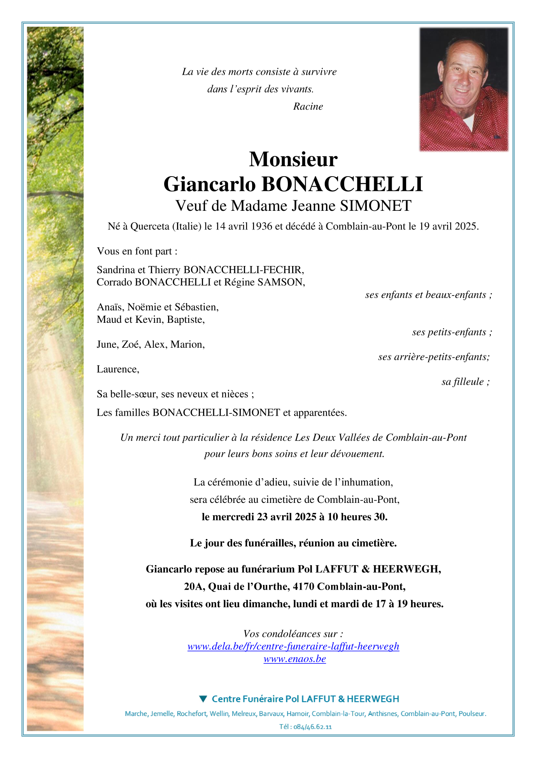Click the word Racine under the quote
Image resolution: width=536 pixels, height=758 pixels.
click(308, 107)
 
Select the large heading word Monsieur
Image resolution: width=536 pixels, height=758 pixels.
click(293, 159)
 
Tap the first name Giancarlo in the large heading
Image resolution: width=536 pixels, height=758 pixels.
click(210, 184)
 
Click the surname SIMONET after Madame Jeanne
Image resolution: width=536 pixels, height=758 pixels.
click(376, 206)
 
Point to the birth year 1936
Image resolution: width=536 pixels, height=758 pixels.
click(262, 226)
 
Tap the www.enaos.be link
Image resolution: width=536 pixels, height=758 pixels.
click(295, 659)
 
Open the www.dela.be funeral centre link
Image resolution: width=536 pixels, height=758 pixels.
click(293, 646)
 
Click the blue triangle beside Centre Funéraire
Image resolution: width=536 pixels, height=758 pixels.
click(203, 699)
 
